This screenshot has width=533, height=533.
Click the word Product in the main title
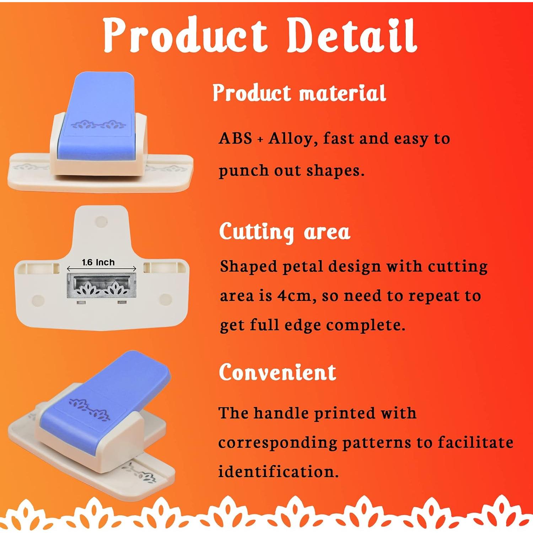click(185, 35)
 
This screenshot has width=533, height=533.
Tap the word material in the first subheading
click(342, 93)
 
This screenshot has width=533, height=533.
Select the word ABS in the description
click(235, 138)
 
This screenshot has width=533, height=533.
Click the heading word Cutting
click(257, 232)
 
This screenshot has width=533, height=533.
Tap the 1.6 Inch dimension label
click(98, 262)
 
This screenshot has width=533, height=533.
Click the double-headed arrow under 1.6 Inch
click(102, 269)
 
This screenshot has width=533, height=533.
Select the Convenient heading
click(278, 372)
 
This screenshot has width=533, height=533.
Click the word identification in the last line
click(278, 472)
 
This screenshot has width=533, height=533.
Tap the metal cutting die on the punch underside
click(102, 286)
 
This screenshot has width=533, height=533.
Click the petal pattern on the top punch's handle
click(98, 125)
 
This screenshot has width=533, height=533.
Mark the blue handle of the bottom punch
click(105, 402)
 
